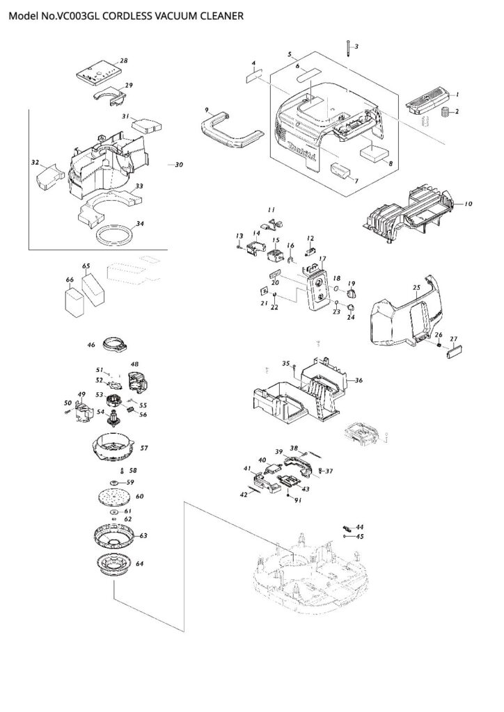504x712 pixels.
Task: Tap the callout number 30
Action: click(179, 165)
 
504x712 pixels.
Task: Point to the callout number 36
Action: click(359, 380)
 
